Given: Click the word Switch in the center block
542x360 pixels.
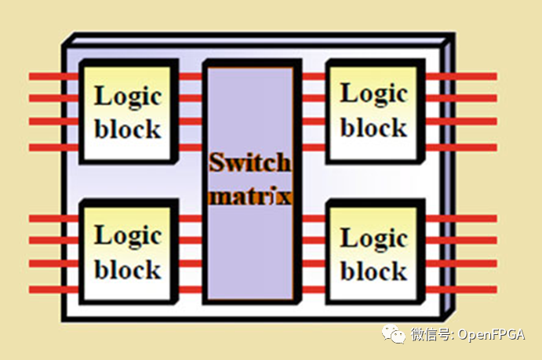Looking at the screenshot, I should coord(249,163).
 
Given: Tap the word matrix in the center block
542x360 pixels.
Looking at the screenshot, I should coord(249,195).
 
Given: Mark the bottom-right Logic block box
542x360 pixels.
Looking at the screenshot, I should coord(374,254).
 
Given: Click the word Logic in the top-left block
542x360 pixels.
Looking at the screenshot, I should coord(128,96).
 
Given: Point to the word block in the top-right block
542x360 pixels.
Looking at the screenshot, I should coord(374,127).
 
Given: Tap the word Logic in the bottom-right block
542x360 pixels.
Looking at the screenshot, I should coord(374,238).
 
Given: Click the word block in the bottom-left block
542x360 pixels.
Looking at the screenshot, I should coord(128,270).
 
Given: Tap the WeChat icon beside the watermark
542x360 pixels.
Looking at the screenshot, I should coord(394,335).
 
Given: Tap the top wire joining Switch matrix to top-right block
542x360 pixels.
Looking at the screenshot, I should coord(313,76).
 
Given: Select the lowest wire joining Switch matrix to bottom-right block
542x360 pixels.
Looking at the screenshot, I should coord(313,289).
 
